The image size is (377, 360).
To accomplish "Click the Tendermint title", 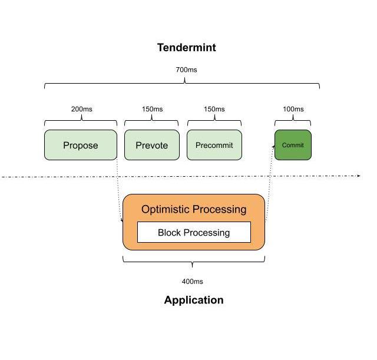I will click(x=186, y=48).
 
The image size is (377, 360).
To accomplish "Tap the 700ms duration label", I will click(x=186, y=70).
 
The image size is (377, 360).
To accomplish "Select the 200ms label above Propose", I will click(x=81, y=109).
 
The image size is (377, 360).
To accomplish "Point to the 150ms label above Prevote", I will click(x=152, y=109).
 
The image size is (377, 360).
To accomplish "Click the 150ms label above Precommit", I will click(x=214, y=109).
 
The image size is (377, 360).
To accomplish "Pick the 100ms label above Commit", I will click(x=293, y=109).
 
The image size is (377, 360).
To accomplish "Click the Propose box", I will click(x=81, y=145).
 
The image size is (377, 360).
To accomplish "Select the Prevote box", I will click(x=152, y=145).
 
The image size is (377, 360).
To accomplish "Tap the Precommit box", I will click(x=214, y=145).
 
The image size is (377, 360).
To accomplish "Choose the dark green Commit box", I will click(x=293, y=145).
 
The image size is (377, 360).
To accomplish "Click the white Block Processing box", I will click(x=194, y=232).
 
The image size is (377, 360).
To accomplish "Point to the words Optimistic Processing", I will click(x=194, y=209).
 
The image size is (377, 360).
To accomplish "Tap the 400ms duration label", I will click(x=192, y=282).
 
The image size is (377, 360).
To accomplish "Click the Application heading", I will click(x=194, y=300).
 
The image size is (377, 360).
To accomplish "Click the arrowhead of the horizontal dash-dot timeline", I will click(x=358, y=176).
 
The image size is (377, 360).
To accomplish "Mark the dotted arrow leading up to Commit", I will click(x=270, y=183).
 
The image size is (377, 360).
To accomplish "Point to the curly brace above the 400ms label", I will click(x=194, y=260).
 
